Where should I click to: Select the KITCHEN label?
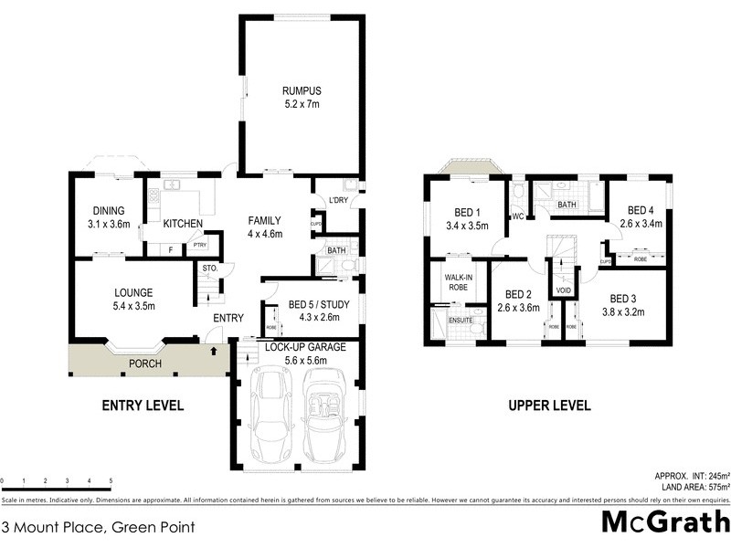pos(183,223)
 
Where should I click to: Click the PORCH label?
pos(144,364)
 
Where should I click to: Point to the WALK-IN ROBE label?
pos(459,281)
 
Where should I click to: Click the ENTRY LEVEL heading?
pos(143,406)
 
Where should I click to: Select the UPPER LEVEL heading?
pos(549,406)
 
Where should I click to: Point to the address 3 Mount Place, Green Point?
pos(98,526)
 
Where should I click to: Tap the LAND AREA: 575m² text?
pos(693,487)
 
